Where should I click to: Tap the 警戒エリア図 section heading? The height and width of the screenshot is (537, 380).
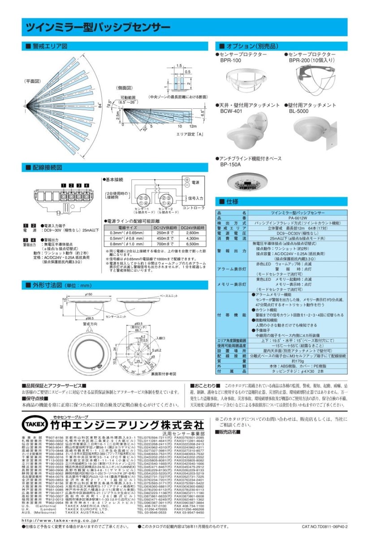[x=50, y=47]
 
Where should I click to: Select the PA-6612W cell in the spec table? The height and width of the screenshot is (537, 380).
[x=298, y=217]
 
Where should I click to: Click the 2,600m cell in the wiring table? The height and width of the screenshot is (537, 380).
[x=191, y=234]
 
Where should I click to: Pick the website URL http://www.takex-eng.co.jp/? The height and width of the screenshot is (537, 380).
[x=60, y=520]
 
